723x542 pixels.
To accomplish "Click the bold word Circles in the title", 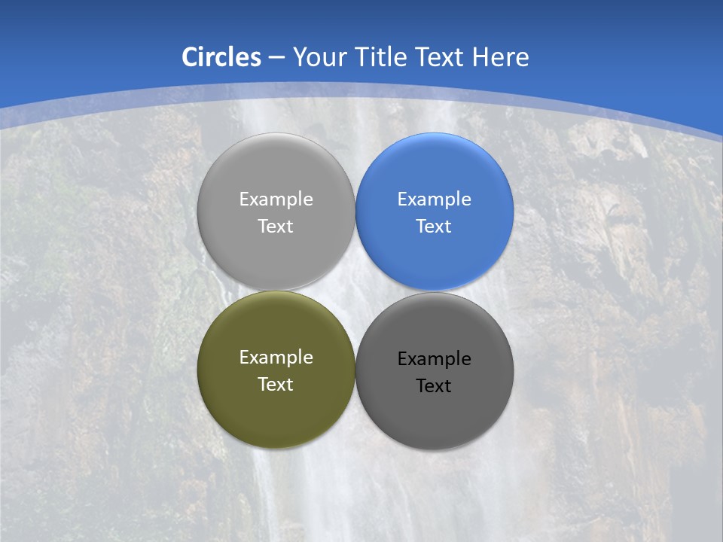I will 221,57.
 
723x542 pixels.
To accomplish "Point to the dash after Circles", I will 276,58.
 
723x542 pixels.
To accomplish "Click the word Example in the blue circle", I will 434,199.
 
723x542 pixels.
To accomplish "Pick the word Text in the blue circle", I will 434,227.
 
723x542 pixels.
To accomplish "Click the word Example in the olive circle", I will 276,358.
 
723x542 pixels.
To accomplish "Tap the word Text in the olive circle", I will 276,385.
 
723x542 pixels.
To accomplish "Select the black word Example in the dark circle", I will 434,359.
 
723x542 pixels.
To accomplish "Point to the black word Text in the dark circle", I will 434,386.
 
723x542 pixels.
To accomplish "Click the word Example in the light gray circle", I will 276,199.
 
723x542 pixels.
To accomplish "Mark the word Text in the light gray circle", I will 276,227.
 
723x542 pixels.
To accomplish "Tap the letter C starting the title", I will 191,57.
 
